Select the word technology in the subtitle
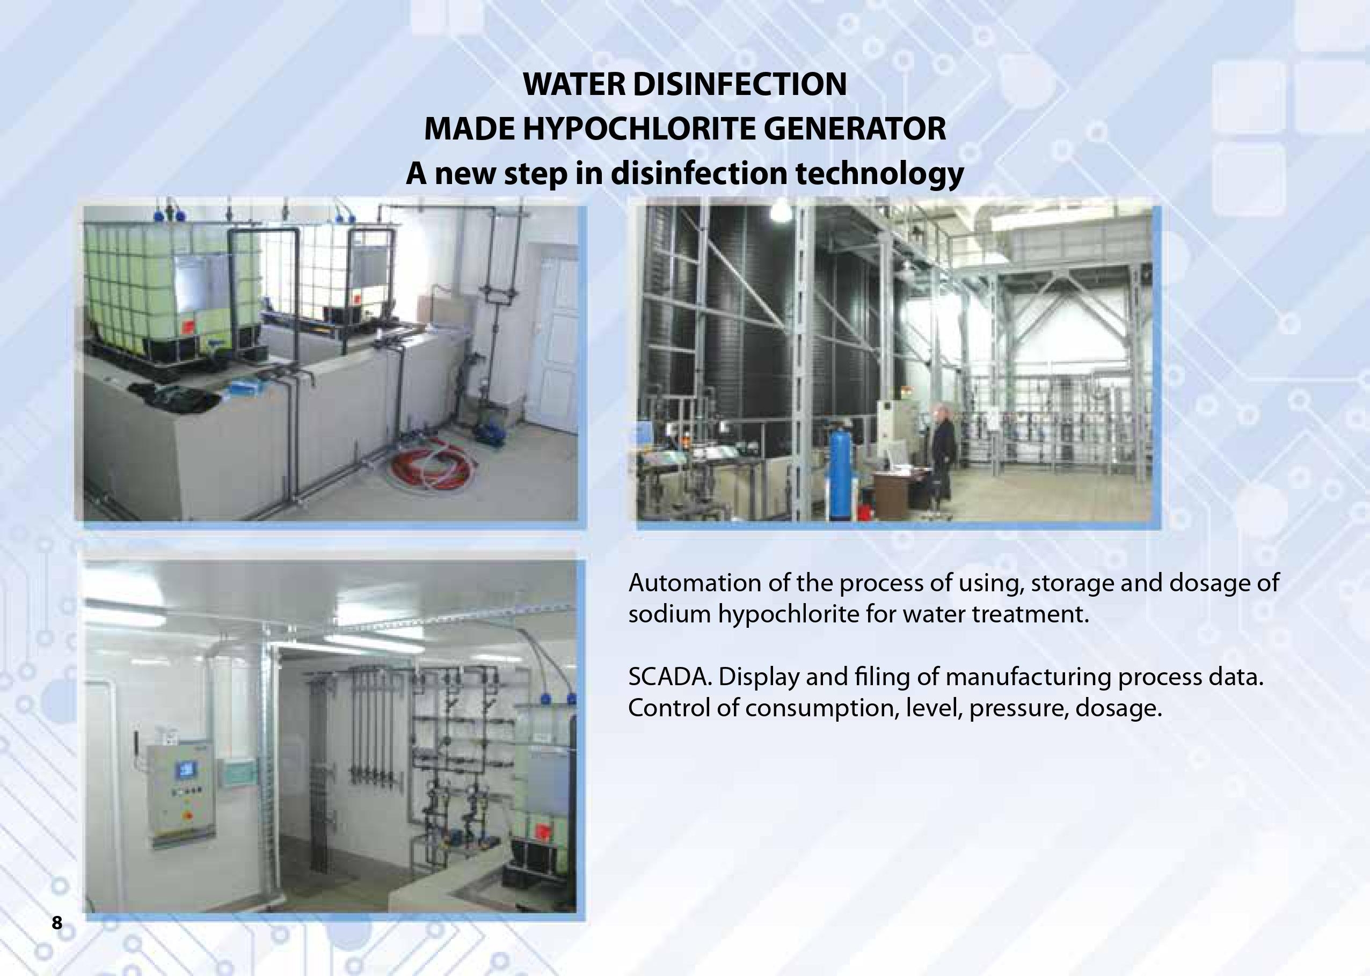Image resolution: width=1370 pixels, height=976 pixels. [x=879, y=174]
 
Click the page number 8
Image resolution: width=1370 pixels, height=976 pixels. [x=56, y=922]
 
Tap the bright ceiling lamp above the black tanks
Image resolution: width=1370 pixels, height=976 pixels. [x=780, y=210]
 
